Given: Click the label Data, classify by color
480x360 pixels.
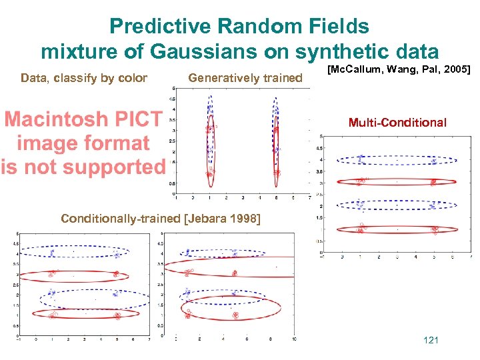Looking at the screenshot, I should pyautogui.click(x=84, y=78).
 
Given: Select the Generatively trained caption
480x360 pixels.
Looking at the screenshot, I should pyautogui.click(x=245, y=78).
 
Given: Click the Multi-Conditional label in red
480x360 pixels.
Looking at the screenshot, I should pyautogui.click(x=397, y=123).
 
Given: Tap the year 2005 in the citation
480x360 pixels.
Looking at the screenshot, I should pyautogui.click(x=458, y=69).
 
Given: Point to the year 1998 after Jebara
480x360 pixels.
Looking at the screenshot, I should pyautogui.click(x=245, y=219).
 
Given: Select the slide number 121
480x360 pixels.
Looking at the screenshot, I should pyautogui.click(x=431, y=341).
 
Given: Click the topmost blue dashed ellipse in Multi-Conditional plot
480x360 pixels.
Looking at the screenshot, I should pyautogui.click(x=397, y=160).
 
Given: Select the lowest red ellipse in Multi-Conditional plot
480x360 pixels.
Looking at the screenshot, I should pyautogui.click(x=397, y=229).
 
